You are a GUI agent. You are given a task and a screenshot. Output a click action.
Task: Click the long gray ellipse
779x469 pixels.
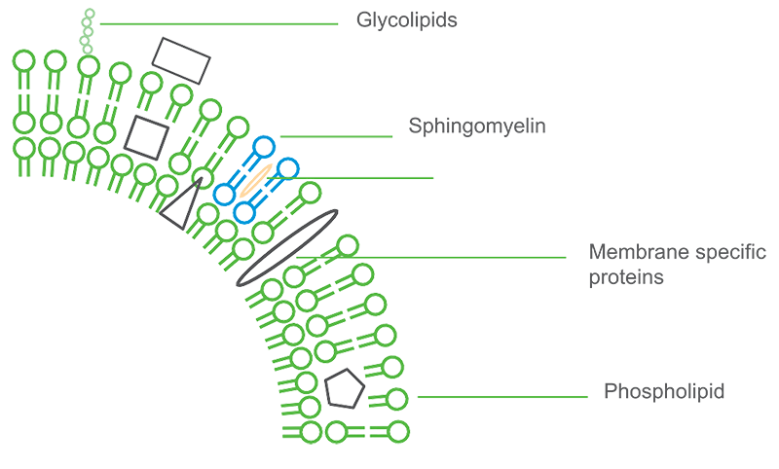(288, 245)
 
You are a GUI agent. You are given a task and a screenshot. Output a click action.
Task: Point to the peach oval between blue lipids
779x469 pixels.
(256, 179)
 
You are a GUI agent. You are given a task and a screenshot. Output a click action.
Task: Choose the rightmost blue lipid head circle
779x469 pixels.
(286, 168)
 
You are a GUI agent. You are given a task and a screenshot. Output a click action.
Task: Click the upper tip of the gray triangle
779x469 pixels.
(201, 175)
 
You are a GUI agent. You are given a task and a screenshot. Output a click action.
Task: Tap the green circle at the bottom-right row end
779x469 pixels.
(396, 429)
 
